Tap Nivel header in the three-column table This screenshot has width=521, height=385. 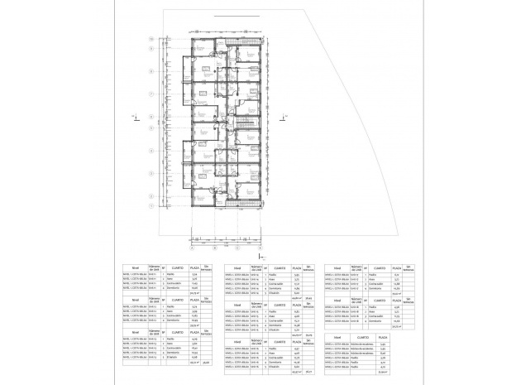337,338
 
